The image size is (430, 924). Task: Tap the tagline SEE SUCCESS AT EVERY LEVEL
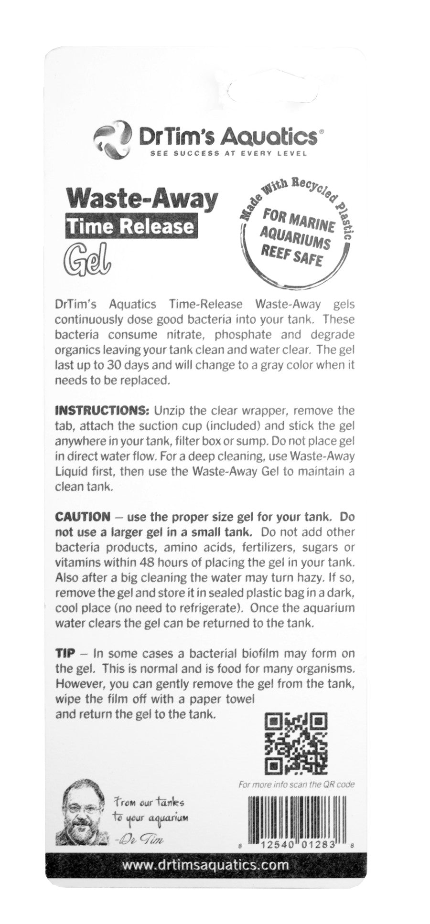227,153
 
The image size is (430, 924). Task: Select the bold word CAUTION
83,517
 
